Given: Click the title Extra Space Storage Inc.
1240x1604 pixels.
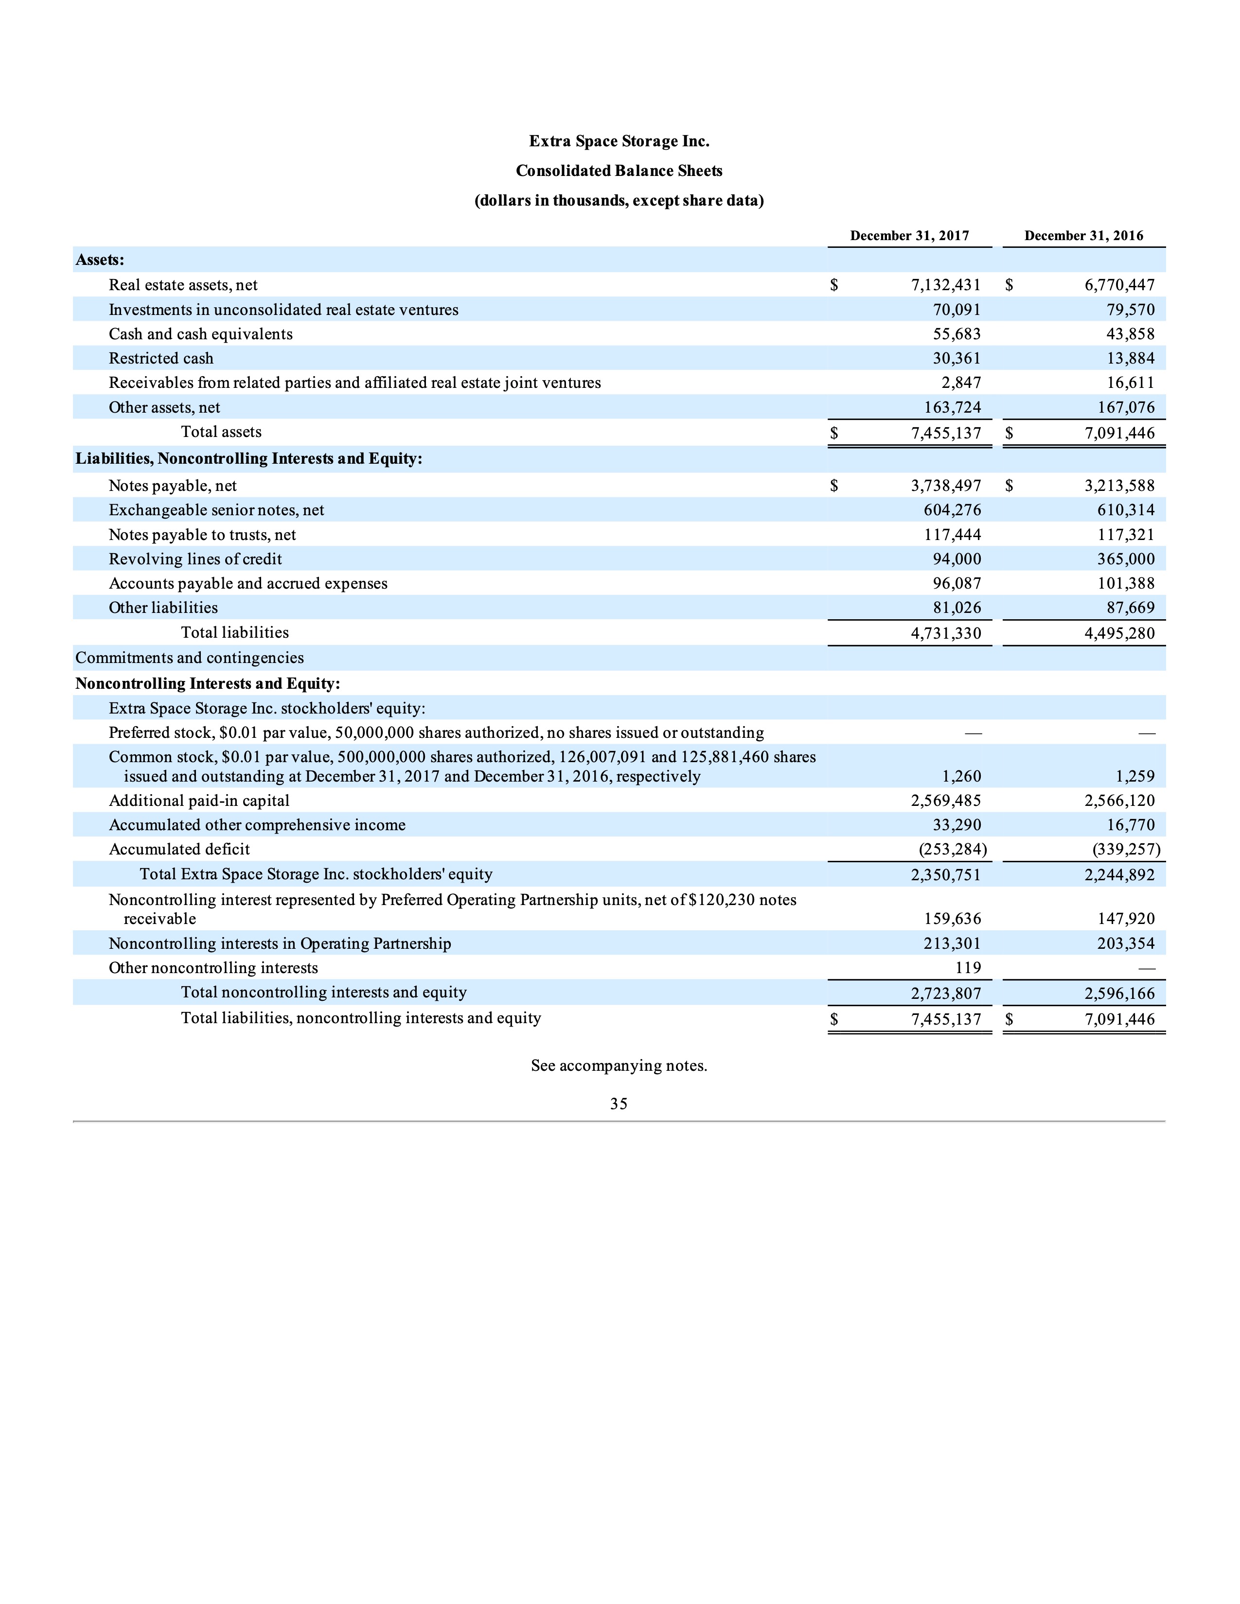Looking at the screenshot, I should [x=619, y=141].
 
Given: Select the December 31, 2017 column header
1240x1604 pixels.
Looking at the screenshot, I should [x=909, y=236].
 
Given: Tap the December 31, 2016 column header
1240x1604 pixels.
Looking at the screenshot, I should [x=1083, y=236].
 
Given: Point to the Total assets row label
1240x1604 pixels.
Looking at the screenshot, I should [x=221, y=432].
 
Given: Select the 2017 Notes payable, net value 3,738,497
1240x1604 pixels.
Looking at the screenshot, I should [x=945, y=486].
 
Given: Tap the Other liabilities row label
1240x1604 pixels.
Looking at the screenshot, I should [x=163, y=608].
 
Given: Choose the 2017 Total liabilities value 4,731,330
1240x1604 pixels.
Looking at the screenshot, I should [x=945, y=633].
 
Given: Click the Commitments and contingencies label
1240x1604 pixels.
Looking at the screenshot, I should [x=190, y=658].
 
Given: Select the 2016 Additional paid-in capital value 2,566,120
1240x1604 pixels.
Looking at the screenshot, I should [x=1119, y=801].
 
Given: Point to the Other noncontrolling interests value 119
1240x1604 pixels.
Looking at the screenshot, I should [x=968, y=968].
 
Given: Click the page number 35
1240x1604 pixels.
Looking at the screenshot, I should [x=619, y=1104].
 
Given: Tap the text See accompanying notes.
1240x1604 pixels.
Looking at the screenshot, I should [x=619, y=1065].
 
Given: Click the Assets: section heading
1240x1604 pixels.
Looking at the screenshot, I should [x=100, y=260].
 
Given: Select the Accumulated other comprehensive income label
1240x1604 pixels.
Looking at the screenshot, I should [x=257, y=825].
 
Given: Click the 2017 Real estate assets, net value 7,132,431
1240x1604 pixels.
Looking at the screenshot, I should [x=945, y=285].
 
